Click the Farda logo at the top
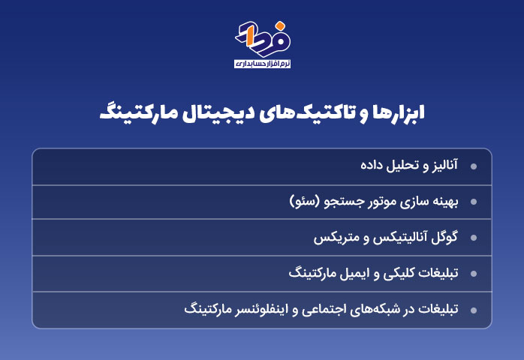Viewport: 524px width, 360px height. (x=263, y=39)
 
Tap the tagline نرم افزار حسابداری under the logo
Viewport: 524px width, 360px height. (x=262, y=64)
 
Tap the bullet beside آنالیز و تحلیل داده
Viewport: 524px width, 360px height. (x=474, y=166)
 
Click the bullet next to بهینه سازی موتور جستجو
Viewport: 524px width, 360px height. (x=474, y=202)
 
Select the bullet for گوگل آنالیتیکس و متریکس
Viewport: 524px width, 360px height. (x=474, y=238)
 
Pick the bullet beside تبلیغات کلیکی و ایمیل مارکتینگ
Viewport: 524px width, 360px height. (x=474, y=274)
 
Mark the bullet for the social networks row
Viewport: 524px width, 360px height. (x=474, y=310)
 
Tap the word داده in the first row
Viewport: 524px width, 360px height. (x=372, y=165)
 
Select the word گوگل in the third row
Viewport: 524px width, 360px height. (x=444, y=237)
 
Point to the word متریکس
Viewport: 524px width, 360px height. (x=332, y=238)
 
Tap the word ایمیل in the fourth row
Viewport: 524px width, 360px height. (x=357, y=273)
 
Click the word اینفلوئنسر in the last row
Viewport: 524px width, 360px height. (x=261, y=310)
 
